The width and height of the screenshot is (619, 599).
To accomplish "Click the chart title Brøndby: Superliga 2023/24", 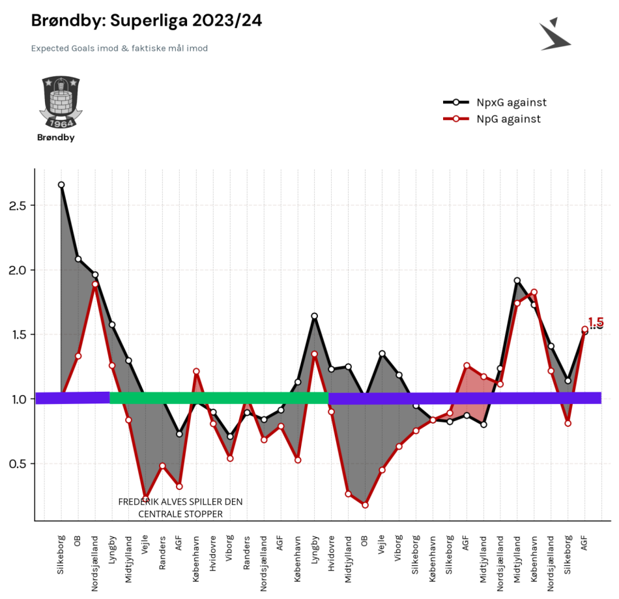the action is (147, 21).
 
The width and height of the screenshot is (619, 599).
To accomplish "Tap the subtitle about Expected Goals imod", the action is (119, 48).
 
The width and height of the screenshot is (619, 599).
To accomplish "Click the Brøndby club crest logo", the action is (61, 102).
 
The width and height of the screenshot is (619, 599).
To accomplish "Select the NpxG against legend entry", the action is (495, 102).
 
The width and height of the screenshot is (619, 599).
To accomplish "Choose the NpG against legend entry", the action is (492, 119).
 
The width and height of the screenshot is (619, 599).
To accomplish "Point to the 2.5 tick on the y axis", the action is (18, 205).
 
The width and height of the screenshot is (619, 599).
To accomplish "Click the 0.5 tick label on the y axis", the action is (18, 463).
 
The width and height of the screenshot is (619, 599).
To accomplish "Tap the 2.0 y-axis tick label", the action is (18, 270).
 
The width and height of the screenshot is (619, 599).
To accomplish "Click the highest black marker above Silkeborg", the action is (61, 185).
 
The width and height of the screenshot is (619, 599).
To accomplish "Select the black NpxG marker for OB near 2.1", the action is (78, 259).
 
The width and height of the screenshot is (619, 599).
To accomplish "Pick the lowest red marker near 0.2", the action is (365, 505).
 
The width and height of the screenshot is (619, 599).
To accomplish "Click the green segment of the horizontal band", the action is (219, 398).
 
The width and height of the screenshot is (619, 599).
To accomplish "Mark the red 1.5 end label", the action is (596, 322).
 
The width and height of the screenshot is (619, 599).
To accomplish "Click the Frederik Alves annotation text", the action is (180, 508).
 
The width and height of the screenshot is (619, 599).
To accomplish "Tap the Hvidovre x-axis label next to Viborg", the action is (213, 553).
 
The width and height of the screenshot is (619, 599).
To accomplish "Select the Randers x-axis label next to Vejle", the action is (162, 553).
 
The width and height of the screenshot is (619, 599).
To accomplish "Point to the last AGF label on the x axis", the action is (584, 543).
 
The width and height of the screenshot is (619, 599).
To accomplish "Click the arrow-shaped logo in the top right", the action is (554, 35).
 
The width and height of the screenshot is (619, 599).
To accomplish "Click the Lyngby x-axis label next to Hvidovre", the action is (315, 549).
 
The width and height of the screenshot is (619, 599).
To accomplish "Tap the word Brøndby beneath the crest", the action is (55, 138).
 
